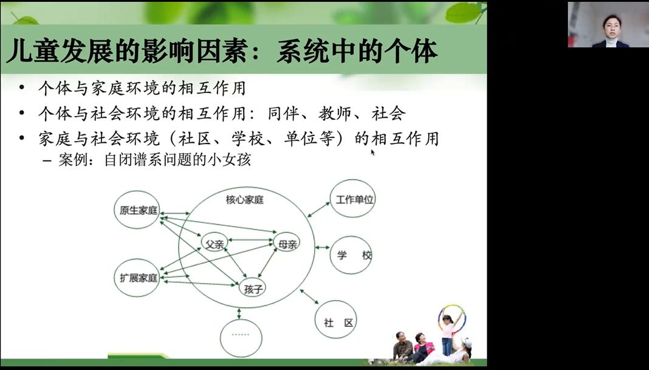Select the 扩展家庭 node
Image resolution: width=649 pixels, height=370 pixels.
pyautogui.click(x=137, y=278)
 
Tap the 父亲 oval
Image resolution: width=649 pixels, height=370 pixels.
pyautogui.click(x=215, y=244)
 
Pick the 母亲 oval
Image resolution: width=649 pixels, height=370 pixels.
pyautogui.click(x=287, y=244)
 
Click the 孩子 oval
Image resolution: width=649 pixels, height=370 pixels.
pyautogui.click(x=252, y=288)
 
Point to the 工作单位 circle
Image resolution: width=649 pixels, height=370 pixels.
pyautogui.click(x=353, y=199)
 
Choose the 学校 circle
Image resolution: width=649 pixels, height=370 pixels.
pyautogui.click(x=351, y=255)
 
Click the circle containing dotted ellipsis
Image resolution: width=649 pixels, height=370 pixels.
pyautogui.click(x=241, y=338)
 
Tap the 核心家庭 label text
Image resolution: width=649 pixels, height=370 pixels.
pyautogui.click(x=245, y=200)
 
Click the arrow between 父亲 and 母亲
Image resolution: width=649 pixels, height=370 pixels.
pyautogui.click(x=250, y=239)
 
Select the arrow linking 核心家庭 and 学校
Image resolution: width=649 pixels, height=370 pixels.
pyautogui.click(x=322, y=247)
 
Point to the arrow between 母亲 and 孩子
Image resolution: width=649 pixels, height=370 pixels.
pyautogui.click(x=267, y=263)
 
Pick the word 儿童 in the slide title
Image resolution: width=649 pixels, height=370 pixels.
pyautogui.click(x=32, y=51)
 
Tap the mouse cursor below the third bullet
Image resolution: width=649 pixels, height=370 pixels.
pyautogui.click(x=373, y=152)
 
